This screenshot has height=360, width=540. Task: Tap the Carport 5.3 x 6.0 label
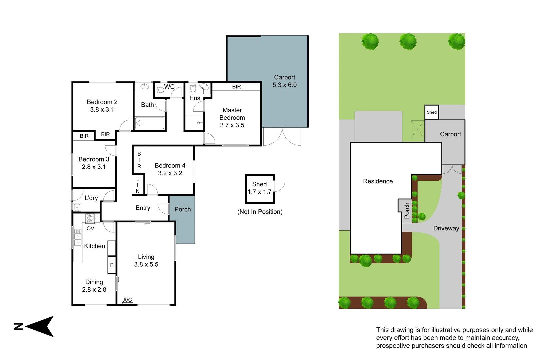tap(284, 81)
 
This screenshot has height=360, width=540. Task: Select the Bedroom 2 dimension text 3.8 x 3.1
tap(102, 110)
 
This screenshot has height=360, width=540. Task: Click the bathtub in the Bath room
tap(149, 123)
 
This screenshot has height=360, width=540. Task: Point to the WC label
tap(169, 87)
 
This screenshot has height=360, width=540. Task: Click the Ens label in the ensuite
tap(195, 98)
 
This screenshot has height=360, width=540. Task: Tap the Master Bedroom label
tap(232, 114)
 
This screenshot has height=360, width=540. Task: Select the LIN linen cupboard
tap(138, 185)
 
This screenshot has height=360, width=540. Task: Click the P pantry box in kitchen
tap(112, 265)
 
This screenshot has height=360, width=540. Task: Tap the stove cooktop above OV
tap(90, 218)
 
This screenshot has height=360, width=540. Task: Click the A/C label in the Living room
tap(127, 300)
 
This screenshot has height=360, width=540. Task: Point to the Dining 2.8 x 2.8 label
tap(94, 286)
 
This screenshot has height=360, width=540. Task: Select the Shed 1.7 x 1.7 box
tap(260, 188)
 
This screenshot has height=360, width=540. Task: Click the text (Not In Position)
tap(260, 212)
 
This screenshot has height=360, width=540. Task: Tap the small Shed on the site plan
tap(431, 112)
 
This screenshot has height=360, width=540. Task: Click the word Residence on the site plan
tap(378, 181)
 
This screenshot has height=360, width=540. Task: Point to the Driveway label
tap(446, 228)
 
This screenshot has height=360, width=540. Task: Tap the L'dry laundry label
tap(91, 198)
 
